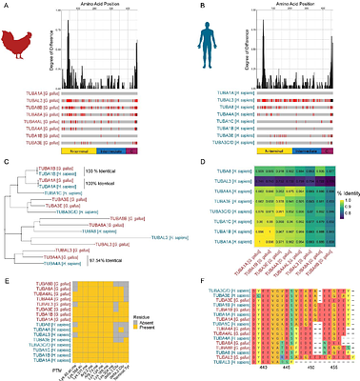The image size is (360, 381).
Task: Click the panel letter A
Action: click(6, 5)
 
